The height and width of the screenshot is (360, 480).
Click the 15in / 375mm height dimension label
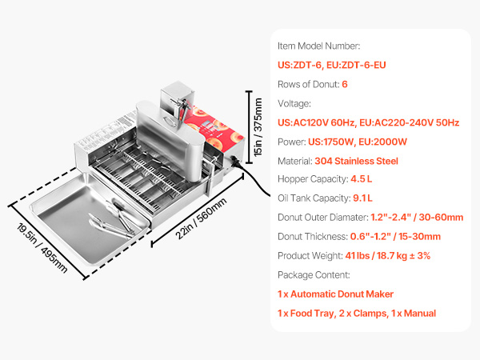point(258,126)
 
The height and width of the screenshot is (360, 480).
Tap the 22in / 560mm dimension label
point(201,218)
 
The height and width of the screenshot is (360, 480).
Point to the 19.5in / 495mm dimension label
point(42,248)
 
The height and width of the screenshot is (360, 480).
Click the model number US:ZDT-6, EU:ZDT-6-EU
point(331,66)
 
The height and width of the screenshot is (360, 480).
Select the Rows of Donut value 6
point(345,84)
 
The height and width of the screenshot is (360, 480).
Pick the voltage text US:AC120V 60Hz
point(317,122)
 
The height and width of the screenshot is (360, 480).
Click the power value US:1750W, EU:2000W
point(358,142)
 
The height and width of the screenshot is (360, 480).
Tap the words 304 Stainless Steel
point(356,161)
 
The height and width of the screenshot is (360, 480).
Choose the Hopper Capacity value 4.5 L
point(362,179)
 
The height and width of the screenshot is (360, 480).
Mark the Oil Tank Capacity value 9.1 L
point(362,198)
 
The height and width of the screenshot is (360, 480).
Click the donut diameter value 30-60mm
point(441,218)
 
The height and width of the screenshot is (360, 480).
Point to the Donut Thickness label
point(313,237)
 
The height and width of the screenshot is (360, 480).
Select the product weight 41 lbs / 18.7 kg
point(376,256)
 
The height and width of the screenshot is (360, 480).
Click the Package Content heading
point(314,275)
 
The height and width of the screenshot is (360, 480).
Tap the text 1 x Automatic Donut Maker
point(335,294)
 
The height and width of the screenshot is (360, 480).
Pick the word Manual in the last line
point(420,314)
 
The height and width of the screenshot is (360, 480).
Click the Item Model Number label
point(318,46)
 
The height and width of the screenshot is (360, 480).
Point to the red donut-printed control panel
point(215,128)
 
